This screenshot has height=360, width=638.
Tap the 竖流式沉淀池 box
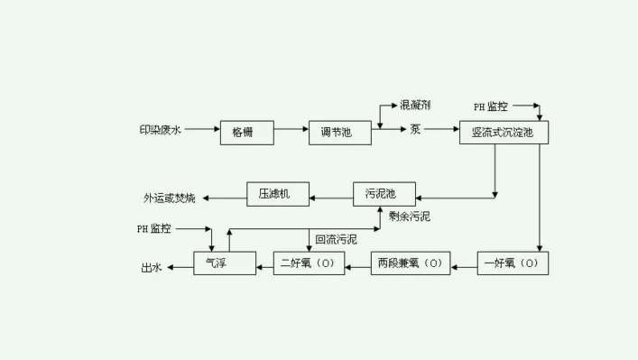coord(503,132)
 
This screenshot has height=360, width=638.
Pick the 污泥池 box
coord(384,194)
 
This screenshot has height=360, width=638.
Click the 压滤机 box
coord(278,194)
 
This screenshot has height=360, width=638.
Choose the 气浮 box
coord(217,263)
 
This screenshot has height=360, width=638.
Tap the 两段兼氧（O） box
coord(411,263)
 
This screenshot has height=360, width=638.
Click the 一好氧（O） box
coord(512,263)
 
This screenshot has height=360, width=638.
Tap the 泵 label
coord(415,130)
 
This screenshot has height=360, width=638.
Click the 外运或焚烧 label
coord(169,197)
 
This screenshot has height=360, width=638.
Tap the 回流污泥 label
coord(336,239)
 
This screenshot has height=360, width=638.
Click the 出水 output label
coord(151,267)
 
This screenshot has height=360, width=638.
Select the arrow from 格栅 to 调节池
coord(291,130)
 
